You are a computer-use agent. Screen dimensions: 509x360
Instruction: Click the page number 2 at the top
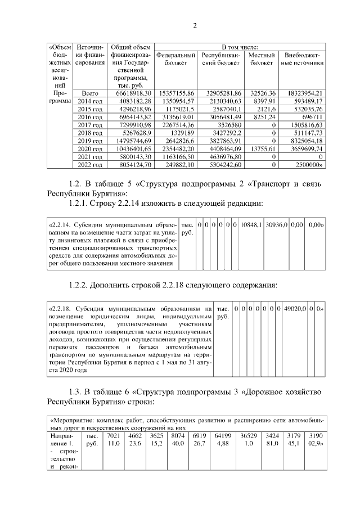195,25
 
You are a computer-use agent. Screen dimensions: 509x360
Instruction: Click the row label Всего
90,92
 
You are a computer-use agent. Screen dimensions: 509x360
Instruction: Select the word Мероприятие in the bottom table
71,420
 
